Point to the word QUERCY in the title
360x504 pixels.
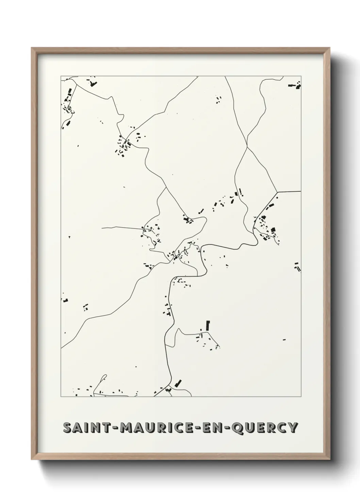(265, 427)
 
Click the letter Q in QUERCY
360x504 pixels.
(237, 428)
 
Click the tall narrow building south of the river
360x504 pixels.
(208, 325)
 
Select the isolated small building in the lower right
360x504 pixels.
(284, 339)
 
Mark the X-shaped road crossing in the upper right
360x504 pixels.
(247, 147)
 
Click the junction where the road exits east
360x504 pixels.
(277, 193)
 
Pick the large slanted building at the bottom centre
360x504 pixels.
(178, 383)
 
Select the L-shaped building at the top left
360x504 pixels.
(93, 83)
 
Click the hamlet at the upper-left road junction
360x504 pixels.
(125, 145)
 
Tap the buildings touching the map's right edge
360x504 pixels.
(297, 267)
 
